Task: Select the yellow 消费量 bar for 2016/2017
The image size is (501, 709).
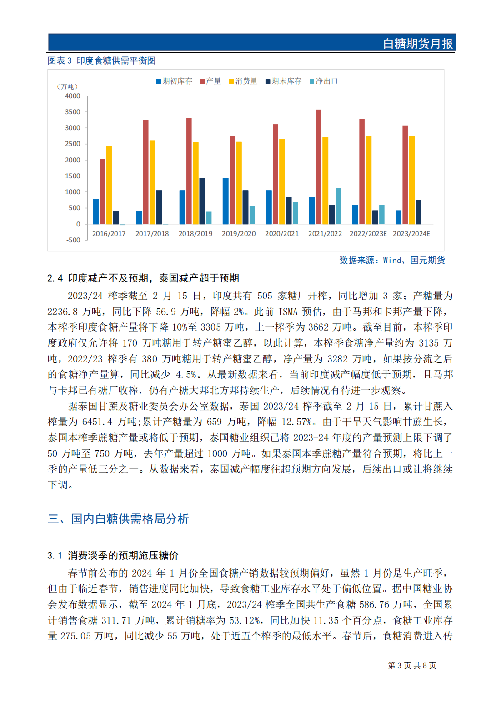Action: click(x=109, y=185)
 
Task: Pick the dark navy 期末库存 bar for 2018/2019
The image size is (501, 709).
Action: click(x=202, y=201)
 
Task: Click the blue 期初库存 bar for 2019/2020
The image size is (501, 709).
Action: click(x=225, y=201)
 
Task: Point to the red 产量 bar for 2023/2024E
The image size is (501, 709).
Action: click(x=405, y=175)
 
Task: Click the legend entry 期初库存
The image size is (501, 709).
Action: click(x=174, y=81)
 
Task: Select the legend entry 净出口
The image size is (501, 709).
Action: click(x=324, y=81)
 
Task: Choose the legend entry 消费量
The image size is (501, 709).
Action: click(x=243, y=81)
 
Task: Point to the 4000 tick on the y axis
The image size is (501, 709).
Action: click(x=73, y=96)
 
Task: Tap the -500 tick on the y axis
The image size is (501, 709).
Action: click(x=73, y=240)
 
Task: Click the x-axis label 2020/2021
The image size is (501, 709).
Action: click(x=282, y=234)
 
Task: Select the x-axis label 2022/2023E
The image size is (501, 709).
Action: click(x=368, y=234)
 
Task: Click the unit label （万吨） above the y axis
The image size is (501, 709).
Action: click(x=67, y=86)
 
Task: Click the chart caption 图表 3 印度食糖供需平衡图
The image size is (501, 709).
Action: click(x=102, y=60)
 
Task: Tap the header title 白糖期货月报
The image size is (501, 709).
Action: click(x=418, y=44)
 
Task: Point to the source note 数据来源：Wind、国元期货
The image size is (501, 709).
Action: click(x=392, y=260)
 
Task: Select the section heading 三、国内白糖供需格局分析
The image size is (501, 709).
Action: click(x=118, y=519)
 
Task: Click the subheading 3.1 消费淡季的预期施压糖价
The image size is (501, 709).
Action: click(x=113, y=555)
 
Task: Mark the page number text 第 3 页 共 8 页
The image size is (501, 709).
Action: click(x=412, y=665)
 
